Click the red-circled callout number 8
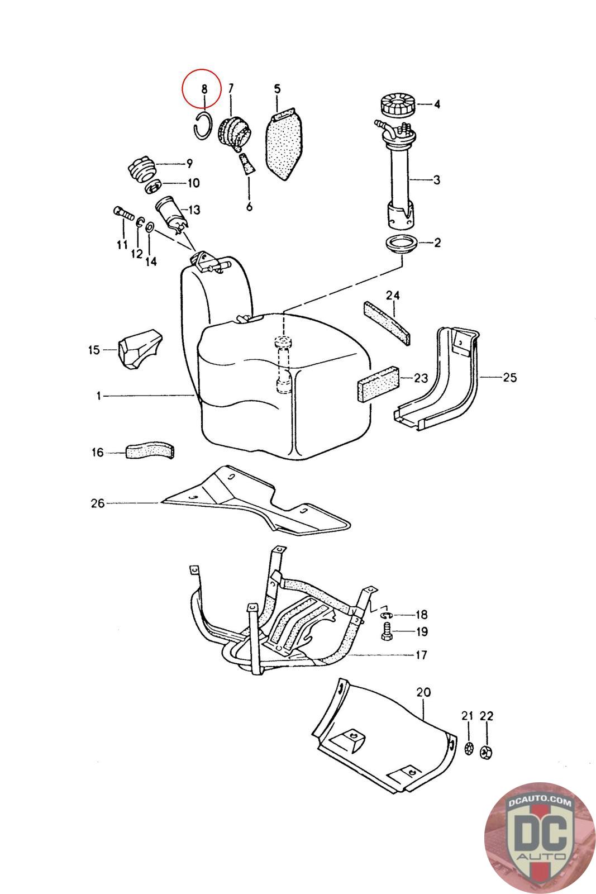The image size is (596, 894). coord(204,88)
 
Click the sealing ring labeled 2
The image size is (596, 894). coord(400,245)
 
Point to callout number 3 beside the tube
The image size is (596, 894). coord(437,180)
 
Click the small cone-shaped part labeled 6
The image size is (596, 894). coord(246,166)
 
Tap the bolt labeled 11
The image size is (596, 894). coord(123,213)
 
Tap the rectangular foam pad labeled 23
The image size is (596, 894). coord(378,383)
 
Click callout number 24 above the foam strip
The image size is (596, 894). coord(393,294)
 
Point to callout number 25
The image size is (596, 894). coord(509,378)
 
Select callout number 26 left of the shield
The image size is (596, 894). coord(98,503)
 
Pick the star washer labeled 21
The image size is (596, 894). coord(468,749)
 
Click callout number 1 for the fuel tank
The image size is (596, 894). coord(98,396)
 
